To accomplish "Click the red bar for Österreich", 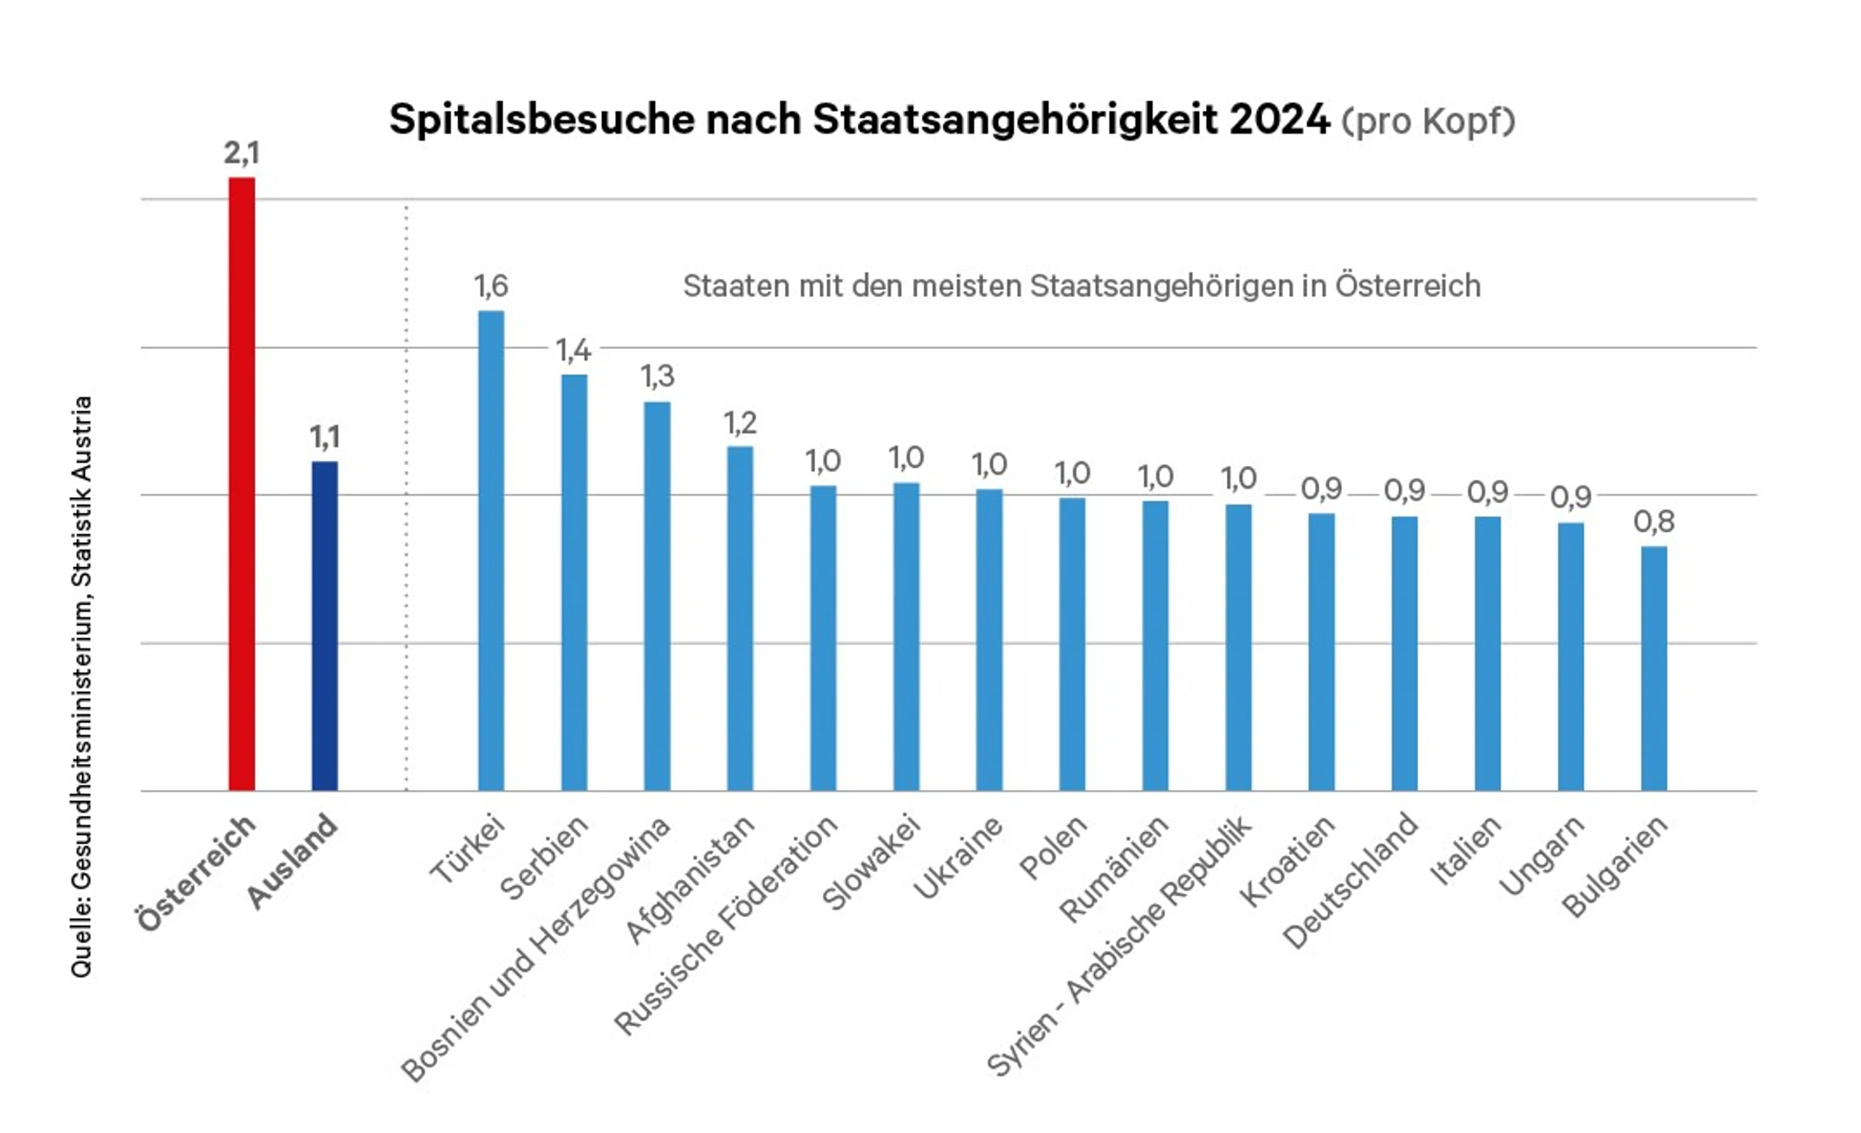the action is click(x=241, y=484).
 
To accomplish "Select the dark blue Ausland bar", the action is click(x=325, y=626).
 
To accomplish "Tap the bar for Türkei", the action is click(x=491, y=550).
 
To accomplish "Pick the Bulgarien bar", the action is click(x=1654, y=668).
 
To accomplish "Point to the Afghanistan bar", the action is click(x=740, y=618).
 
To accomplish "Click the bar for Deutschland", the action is click(x=1404, y=653).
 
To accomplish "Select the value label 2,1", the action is click(x=241, y=153).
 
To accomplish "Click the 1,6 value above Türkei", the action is click(x=491, y=286).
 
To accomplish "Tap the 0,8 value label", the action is click(x=1654, y=522).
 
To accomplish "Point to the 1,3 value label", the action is click(x=657, y=376).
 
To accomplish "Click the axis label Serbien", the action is click(x=544, y=858).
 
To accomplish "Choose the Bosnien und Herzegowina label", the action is click(x=535, y=950).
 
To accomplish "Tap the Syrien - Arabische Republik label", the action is click(x=1120, y=945).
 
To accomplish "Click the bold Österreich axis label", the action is click(x=196, y=874).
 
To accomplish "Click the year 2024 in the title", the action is click(x=1279, y=119).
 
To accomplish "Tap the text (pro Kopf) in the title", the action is click(x=1428, y=121).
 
